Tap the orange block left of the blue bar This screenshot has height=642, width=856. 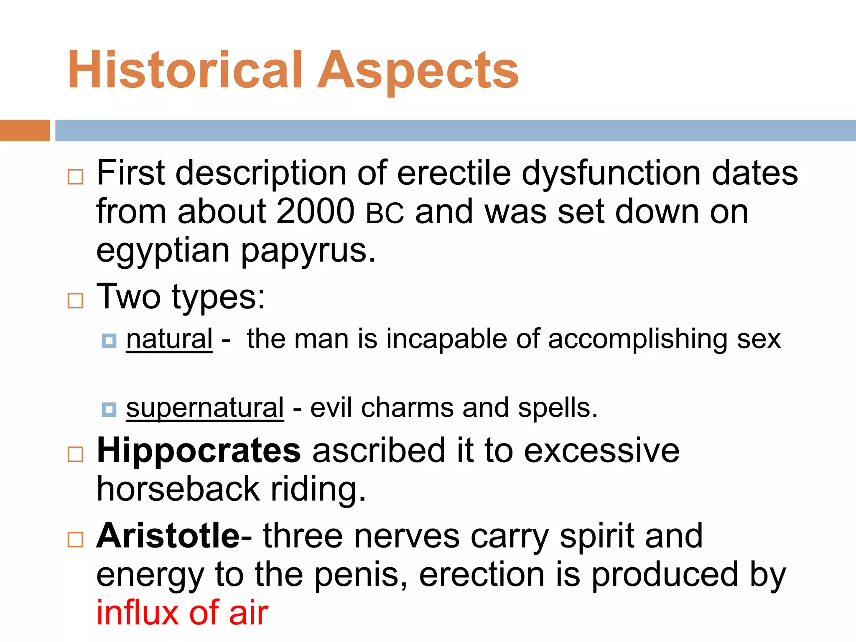tap(25, 130)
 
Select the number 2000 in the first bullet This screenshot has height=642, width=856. tap(316, 211)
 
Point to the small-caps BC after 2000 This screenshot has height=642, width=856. tap(385, 213)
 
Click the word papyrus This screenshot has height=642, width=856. tap(308, 252)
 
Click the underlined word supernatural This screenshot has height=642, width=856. tap(205, 408)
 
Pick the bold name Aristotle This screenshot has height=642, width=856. tap(168, 536)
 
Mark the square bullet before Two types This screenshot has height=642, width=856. tap(76, 301)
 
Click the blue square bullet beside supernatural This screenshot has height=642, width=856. tap(109, 409)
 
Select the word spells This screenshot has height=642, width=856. tap(558, 408)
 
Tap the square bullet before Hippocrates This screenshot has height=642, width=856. tap(76, 454)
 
